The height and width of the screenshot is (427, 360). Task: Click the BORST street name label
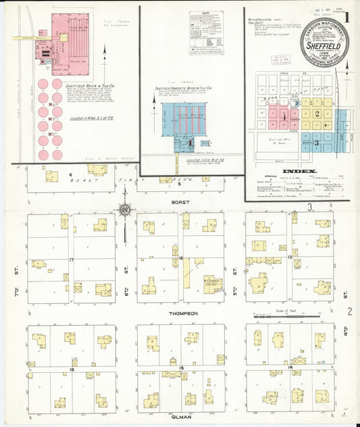[179, 202]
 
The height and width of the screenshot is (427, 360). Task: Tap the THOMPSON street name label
[184, 313]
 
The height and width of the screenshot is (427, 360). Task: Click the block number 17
[71, 259]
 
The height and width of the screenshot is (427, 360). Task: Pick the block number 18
[71, 370]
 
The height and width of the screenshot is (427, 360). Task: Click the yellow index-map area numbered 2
[316, 113]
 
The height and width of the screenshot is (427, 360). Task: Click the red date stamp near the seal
[278, 58]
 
